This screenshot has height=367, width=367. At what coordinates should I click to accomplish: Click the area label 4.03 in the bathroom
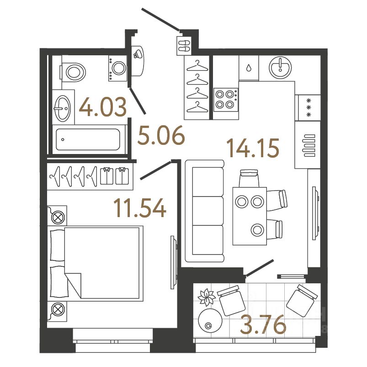point(102,109)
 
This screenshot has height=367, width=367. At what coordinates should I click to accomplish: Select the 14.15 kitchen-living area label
point(253,148)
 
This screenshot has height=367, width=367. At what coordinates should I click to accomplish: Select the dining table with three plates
point(250,215)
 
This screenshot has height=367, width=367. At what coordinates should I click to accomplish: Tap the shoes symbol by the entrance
point(184,46)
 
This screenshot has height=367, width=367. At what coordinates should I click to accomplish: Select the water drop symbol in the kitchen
point(248,68)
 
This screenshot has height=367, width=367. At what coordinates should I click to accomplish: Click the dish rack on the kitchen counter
point(307,144)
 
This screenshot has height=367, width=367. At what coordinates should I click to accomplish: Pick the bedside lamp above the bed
point(58,217)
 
